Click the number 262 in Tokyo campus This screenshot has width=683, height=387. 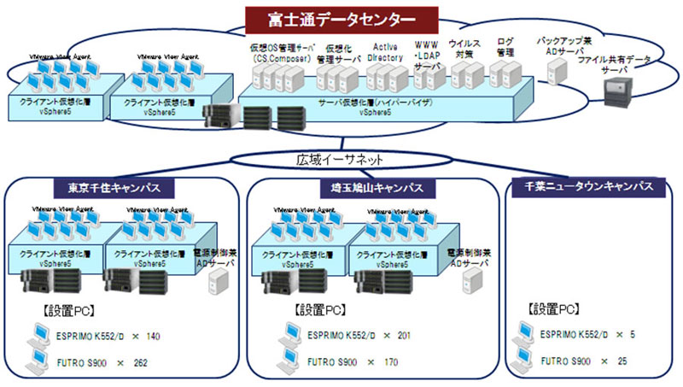point(141,363)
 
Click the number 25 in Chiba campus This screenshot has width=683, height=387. point(622,362)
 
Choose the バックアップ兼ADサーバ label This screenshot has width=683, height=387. point(563,44)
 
